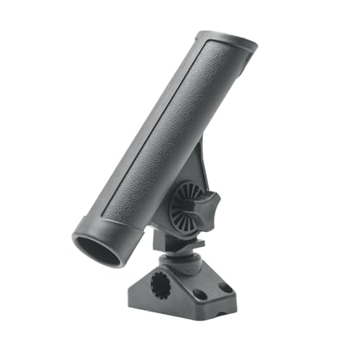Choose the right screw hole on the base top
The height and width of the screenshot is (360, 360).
pyautogui.click(x=225, y=287)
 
